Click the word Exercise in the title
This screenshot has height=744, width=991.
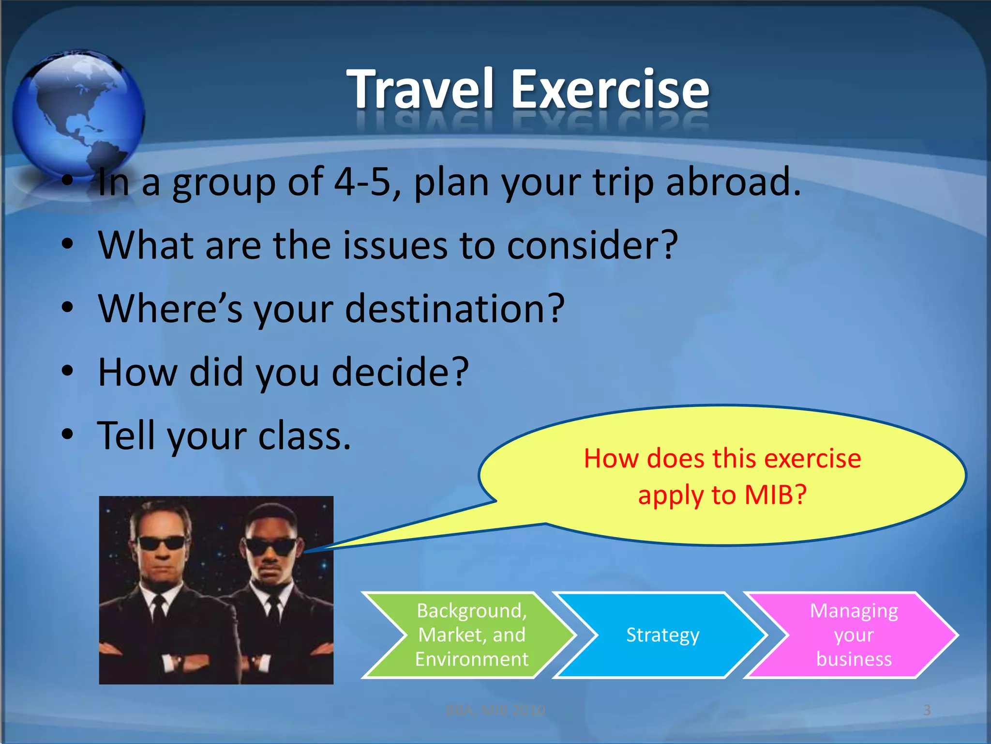click(610, 89)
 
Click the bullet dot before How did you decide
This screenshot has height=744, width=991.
click(68, 372)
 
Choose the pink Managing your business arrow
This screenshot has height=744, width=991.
click(854, 635)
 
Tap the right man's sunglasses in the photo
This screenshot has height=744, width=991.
click(271, 546)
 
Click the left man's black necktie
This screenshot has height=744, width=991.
click(158, 613)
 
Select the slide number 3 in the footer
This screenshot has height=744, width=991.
click(927, 710)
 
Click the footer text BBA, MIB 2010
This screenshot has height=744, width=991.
click(495, 710)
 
